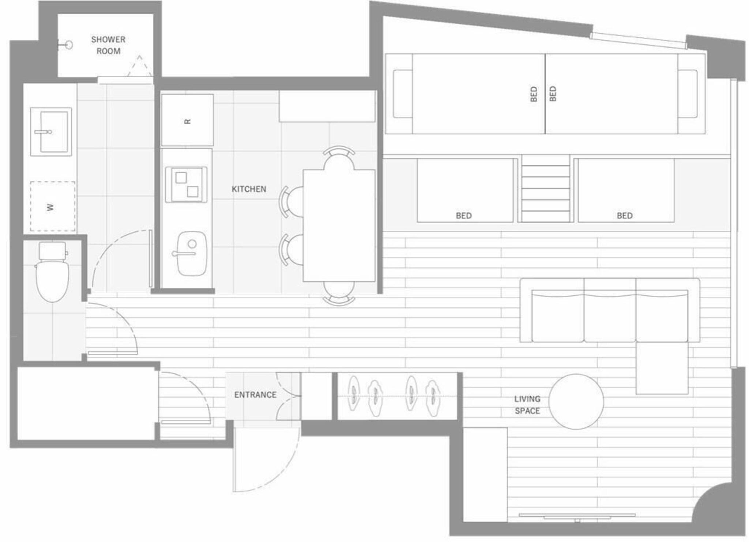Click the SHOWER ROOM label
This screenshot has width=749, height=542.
point(108,45)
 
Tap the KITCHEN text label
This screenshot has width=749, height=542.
point(249,189)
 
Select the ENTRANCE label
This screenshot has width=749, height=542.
point(255,395)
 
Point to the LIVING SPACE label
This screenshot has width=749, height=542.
point(527,405)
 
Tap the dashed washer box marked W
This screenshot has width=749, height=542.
point(53,206)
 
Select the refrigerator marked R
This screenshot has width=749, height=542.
point(187,120)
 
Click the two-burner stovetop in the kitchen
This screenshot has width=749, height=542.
point(186,184)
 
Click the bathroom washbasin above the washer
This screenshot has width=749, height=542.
point(51,132)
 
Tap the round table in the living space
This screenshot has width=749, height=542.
point(576,401)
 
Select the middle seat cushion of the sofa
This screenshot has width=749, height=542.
point(610,315)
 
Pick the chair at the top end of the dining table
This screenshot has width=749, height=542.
point(339,157)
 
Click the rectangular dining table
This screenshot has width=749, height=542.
point(339,225)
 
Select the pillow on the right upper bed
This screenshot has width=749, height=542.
point(688,94)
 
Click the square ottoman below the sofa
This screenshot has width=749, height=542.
point(662,368)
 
